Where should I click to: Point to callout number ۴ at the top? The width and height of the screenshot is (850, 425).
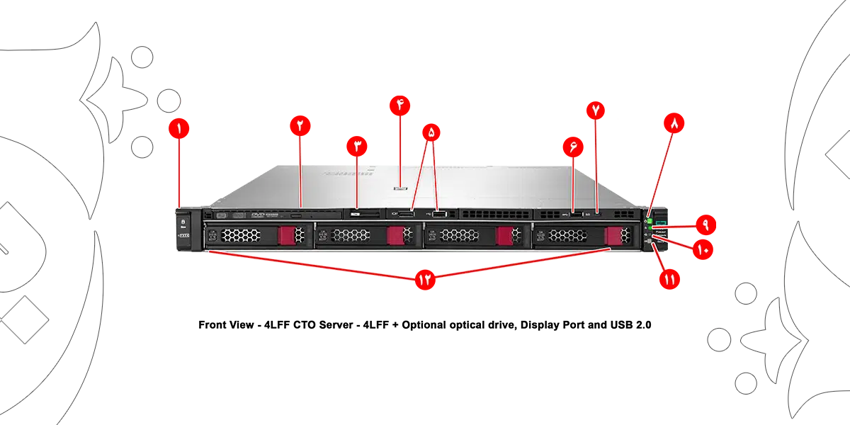click(x=400, y=104)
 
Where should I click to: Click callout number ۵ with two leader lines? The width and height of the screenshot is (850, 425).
click(x=431, y=132)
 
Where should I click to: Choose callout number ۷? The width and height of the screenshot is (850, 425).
click(x=596, y=110)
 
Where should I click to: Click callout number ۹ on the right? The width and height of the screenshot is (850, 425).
click(x=705, y=222)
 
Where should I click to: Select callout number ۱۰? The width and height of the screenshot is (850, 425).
click(x=701, y=249)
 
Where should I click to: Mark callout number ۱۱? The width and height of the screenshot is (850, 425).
click(x=669, y=280)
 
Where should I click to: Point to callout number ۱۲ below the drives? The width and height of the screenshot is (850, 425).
click(x=425, y=280)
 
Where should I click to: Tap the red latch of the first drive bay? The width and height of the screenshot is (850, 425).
click(x=287, y=236)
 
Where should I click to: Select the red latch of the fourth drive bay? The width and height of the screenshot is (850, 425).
click(x=613, y=236)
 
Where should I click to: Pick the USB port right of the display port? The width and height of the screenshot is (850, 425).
click(x=438, y=213)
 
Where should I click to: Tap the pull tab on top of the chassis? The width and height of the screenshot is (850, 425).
click(x=401, y=189)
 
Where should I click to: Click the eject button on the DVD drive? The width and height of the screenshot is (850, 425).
click(x=296, y=213)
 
